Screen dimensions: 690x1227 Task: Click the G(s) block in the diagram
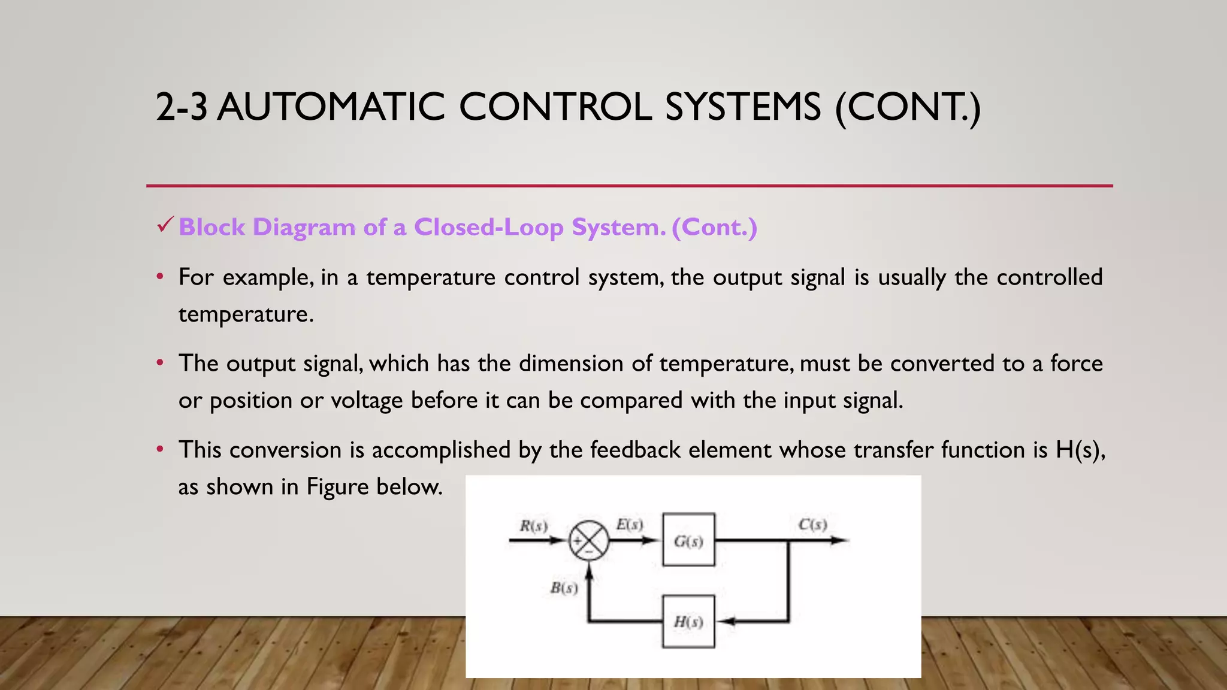(x=688, y=540)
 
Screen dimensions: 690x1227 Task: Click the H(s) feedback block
(x=688, y=621)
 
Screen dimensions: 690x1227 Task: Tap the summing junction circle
(x=588, y=541)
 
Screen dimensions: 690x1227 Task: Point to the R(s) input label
(x=533, y=526)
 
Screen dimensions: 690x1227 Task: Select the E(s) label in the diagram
(x=630, y=525)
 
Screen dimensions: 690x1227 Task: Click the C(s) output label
(x=812, y=525)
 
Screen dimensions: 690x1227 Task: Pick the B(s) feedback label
(x=564, y=588)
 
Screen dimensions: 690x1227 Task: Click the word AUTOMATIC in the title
(x=331, y=107)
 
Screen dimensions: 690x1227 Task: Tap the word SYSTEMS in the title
(x=742, y=107)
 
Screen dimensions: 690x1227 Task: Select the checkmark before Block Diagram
(x=165, y=225)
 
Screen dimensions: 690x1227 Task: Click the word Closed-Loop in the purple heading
(x=488, y=228)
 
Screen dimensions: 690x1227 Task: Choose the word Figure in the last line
(x=337, y=487)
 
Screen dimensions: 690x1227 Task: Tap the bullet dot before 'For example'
(x=159, y=277)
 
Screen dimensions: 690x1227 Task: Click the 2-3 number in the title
(x=182, y=107)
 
